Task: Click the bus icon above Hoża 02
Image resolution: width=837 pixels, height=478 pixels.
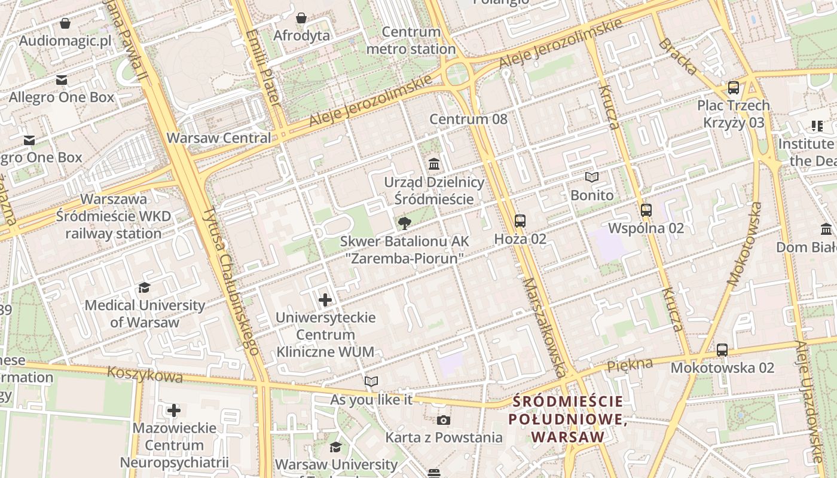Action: pos(520,220)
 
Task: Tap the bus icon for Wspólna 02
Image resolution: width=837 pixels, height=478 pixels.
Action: pos(646,210)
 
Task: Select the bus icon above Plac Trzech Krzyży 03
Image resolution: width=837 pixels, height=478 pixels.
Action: pos(734,87)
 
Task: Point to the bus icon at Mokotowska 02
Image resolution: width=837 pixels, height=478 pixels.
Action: pos(722,350)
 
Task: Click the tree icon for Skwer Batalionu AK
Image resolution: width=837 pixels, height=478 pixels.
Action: pos(405,223)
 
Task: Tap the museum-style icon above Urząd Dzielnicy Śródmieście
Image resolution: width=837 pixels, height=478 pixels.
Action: pos(434,164)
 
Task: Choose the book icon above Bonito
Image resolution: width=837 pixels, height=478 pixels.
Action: pos(592,177)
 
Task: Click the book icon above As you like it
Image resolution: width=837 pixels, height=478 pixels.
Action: pos(371,381)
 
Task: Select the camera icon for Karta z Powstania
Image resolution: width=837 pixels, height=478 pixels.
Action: pos(444,420)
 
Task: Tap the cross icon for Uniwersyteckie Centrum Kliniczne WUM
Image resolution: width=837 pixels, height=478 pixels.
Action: pos(325,299)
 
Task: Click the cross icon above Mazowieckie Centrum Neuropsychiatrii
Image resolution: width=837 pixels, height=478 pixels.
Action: pos(174,410)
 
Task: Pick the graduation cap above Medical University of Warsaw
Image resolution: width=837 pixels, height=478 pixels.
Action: pos(144,288)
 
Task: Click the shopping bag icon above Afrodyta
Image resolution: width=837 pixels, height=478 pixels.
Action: pos(301,18)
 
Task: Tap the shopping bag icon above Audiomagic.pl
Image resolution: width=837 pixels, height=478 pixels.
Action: pos(65,23)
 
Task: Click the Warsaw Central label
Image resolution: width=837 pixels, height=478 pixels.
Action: pos(219,137)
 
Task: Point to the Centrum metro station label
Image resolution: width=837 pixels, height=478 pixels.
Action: pos(411,41)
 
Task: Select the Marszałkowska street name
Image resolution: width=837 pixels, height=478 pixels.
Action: pos(543,327)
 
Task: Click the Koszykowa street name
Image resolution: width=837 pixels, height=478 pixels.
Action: pos(145,374)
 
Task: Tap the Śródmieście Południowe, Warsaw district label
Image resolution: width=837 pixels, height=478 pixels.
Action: pos(567,419)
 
